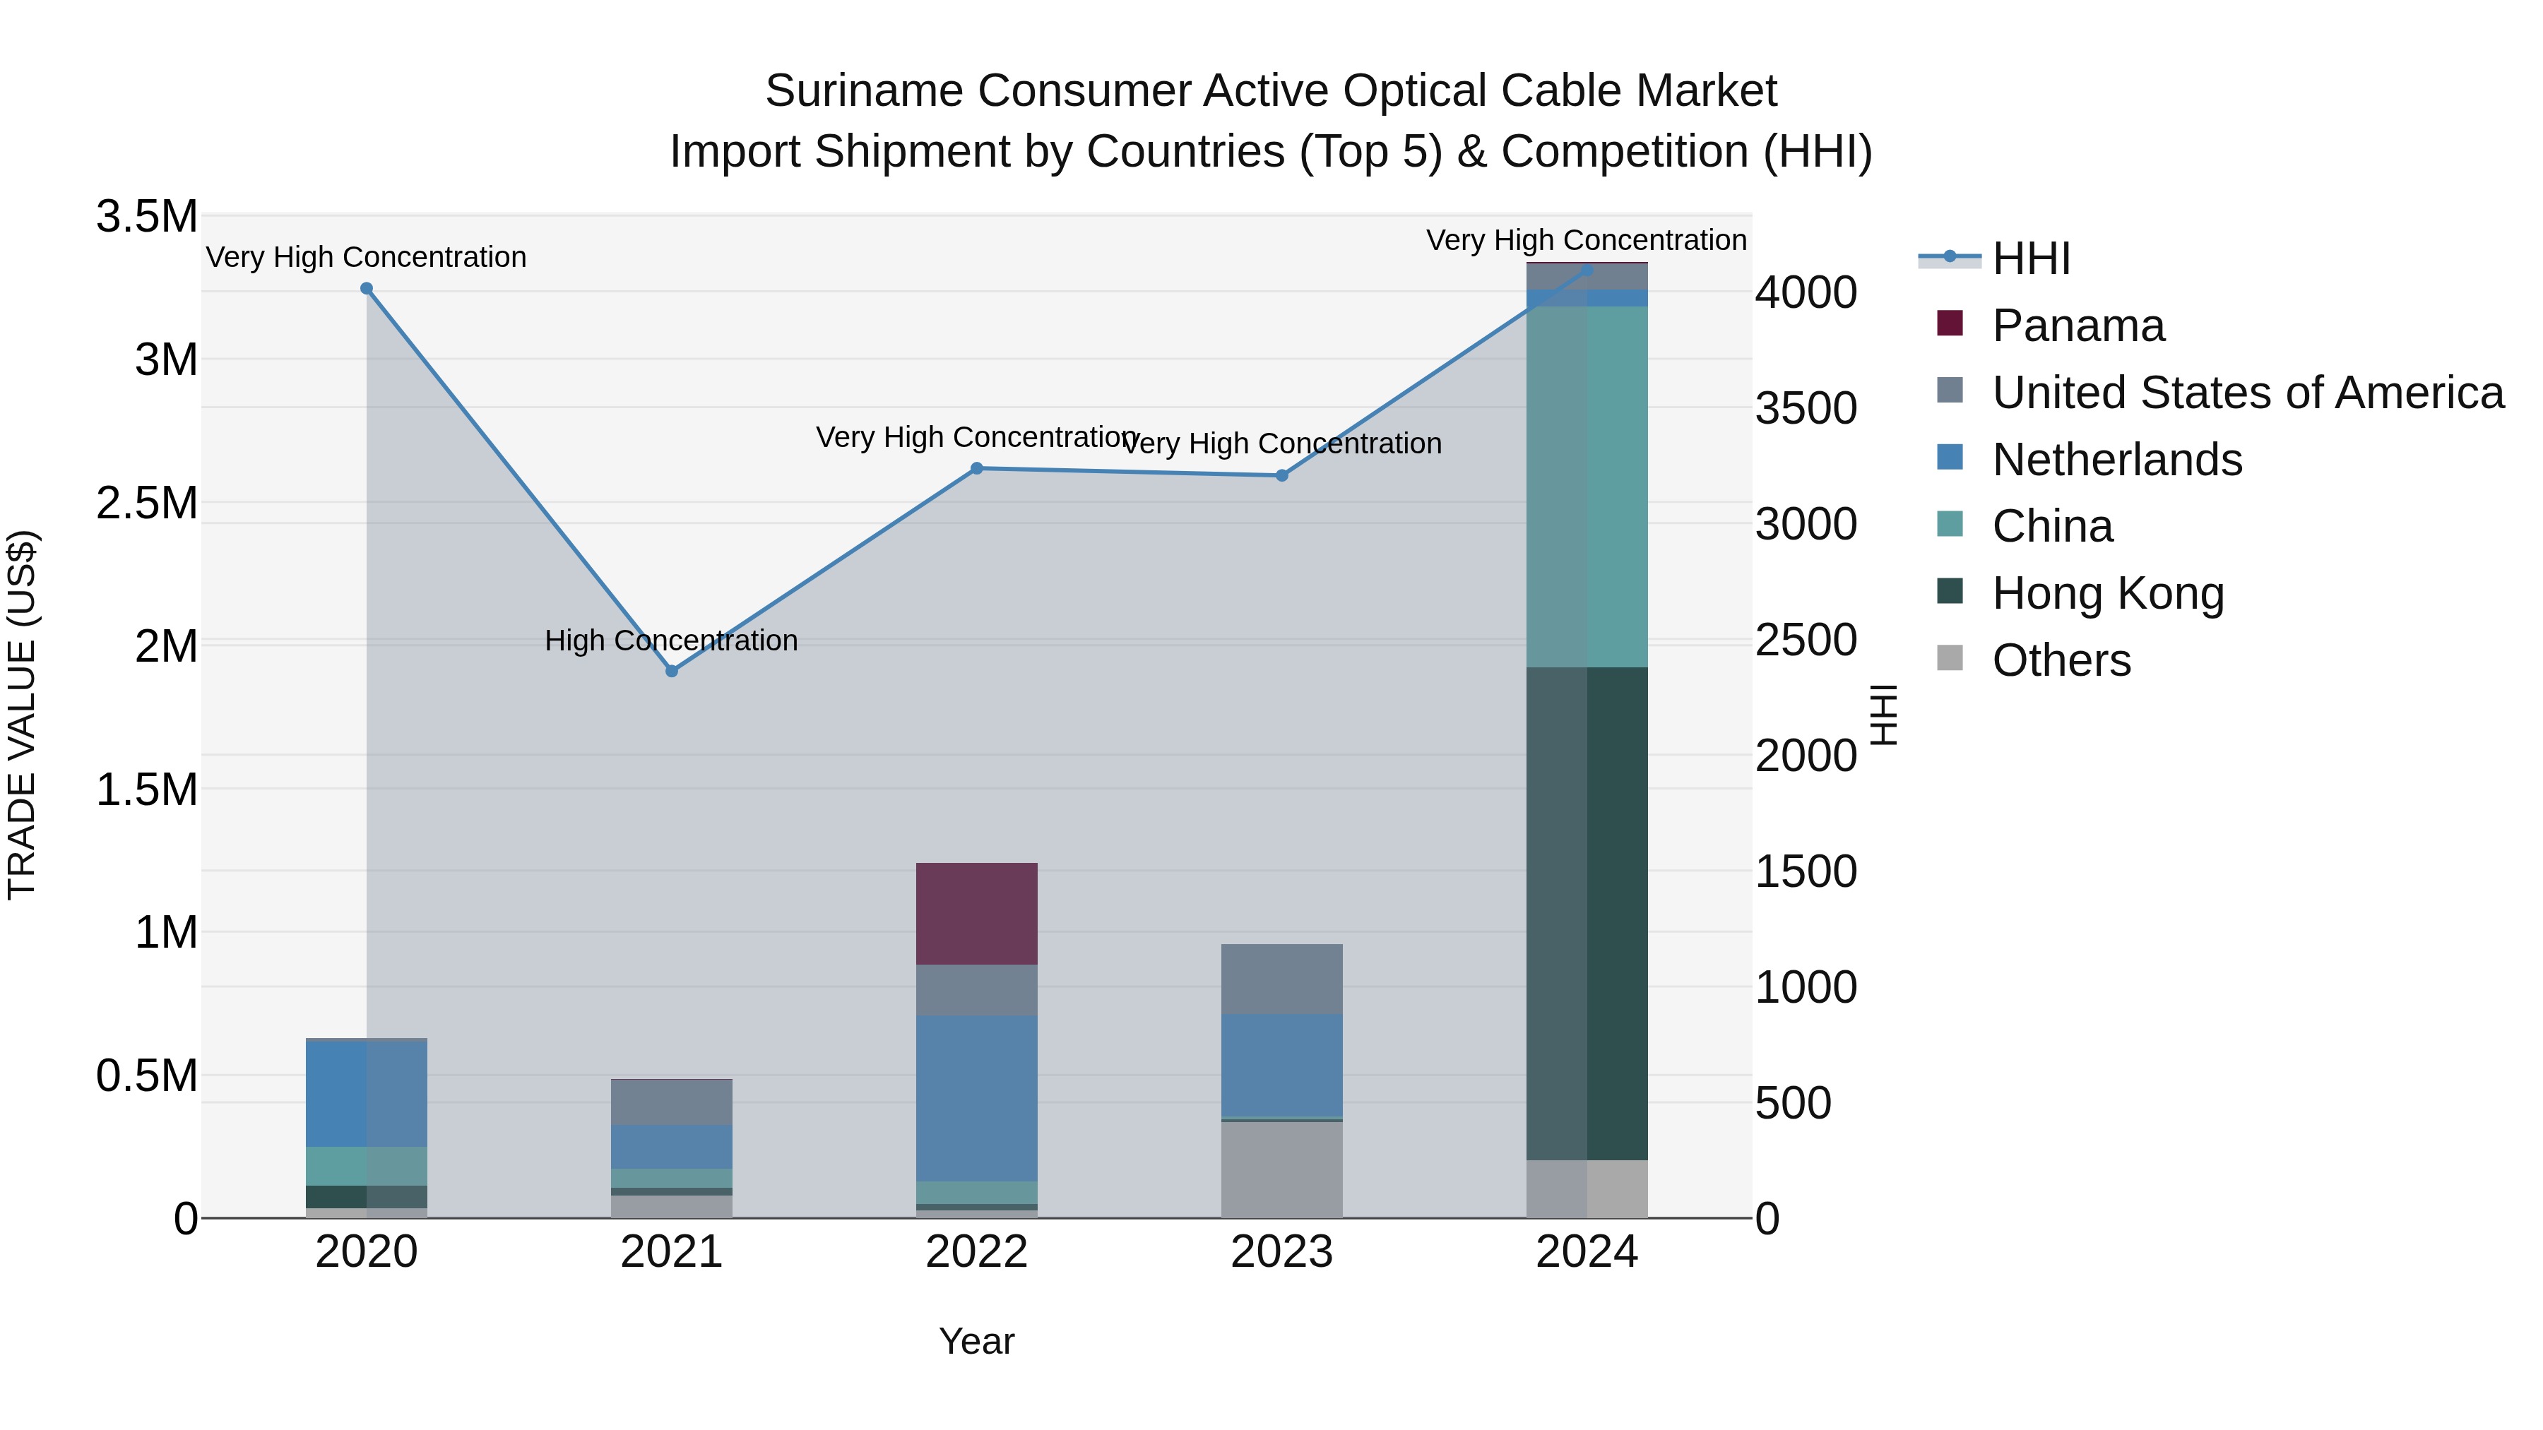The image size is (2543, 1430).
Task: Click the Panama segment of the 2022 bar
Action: point(976,913)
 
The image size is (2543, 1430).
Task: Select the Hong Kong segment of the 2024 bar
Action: point(1587,913)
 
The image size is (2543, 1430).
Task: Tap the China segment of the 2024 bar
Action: point(1587,486)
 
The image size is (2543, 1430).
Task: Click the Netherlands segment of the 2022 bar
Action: point(976,1097)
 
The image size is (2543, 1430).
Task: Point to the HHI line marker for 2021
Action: point(671,671)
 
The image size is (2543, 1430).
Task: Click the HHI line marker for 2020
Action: point(366,288)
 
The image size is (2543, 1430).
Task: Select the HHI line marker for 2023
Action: point(1281,476)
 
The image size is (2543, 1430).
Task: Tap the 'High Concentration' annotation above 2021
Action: point(671,640)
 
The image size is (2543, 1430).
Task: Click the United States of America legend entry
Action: point(2247,393)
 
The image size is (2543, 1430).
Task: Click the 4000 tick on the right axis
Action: point(1806,292)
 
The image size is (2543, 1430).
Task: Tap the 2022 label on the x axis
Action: point(976,1252)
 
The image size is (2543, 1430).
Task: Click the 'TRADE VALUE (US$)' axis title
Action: point(22,715)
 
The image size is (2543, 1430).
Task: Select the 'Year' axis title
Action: point(976,1341)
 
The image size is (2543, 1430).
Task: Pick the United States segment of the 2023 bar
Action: point(1281,979)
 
